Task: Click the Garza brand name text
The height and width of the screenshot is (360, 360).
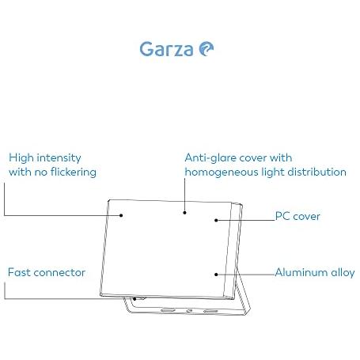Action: coord(166,49)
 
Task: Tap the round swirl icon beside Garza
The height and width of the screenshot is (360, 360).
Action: coord(207,49)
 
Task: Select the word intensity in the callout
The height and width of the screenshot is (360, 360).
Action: coord(59,158)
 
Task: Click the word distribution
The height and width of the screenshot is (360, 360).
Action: coord(316,172)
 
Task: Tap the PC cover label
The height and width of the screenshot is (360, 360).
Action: coord(297,216)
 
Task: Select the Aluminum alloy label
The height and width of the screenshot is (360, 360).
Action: coord(315,272)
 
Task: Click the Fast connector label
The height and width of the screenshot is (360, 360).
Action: coord(47,272)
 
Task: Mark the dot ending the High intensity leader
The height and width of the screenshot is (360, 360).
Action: coord(121,215)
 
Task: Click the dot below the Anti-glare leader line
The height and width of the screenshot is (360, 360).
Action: coord(184,212)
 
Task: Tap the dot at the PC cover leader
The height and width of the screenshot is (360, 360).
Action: coord(216,220)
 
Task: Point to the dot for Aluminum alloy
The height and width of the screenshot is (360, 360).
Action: coord(216,275)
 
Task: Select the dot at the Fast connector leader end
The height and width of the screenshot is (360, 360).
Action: coord(135,299)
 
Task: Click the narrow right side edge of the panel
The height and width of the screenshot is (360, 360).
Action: coord(233,251)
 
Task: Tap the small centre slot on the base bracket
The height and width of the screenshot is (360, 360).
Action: coord(189,311)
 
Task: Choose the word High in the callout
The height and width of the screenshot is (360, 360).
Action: coord(21,158)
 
